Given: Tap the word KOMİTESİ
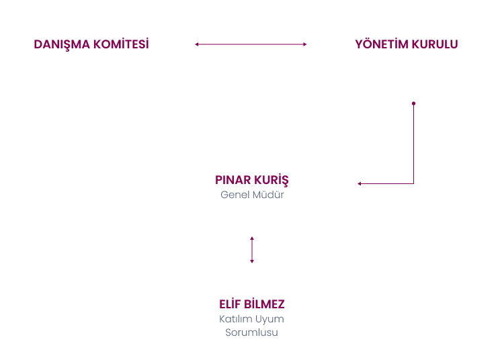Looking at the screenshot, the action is pyautogui.click(x=121, y=44).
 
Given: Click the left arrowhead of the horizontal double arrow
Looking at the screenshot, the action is pyautogui.click(x=197, y=44).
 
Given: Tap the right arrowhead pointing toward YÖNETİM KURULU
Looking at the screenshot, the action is pyautogui.click(x=305, y=44).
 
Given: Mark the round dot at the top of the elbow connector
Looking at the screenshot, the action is pyautogui.click(x=413, y=103).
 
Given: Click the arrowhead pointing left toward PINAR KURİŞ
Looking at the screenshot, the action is pyautogui.click(x=359, y=183).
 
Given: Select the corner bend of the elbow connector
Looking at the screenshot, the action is pyautogui.click(x=413, y=183).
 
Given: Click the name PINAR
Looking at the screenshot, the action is pyautogui.click(x=233, y=180).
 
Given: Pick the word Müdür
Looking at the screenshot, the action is pyautogui.click(x=268, y=195).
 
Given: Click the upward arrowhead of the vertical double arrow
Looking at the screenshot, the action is pyautogui.click(x=252, y=238).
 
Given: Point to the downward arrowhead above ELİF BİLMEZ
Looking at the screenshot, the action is pyautogui.click(x=252, y=261).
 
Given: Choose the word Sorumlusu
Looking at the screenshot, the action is pyautogui.click(x=251, y=332).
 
